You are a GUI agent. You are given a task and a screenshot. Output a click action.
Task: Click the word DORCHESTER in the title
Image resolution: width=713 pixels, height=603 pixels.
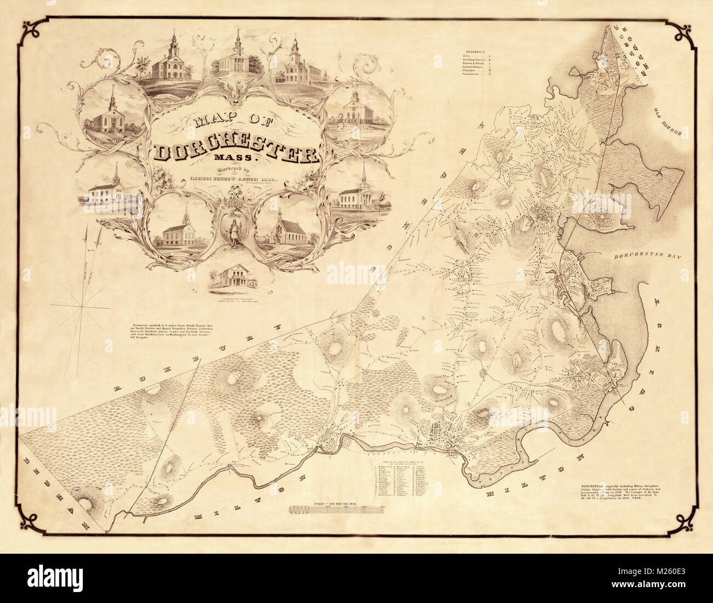pos(237,154)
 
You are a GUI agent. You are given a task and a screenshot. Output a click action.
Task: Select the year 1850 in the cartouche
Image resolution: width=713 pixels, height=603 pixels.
pos(236,201)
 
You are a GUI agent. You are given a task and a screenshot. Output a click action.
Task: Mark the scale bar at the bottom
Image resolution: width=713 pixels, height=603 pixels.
pos(340,509)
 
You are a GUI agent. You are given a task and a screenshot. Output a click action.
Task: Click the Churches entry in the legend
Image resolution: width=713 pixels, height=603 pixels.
pos(473,70)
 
